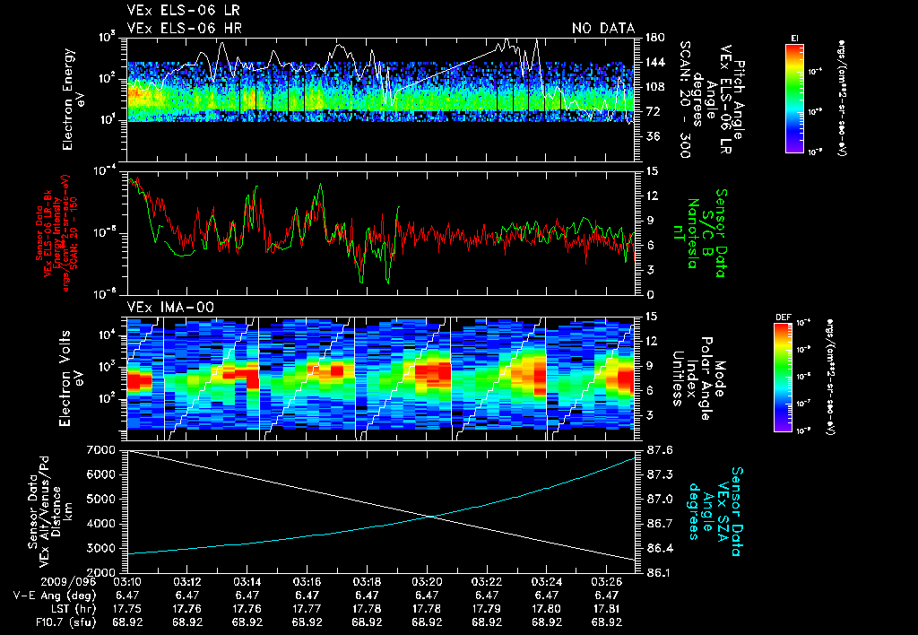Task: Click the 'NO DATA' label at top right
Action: coord(602,29)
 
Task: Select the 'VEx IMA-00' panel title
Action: coord(160,307)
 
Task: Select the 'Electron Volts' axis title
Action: coord(67,370)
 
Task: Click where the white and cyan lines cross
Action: coord(432,516)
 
